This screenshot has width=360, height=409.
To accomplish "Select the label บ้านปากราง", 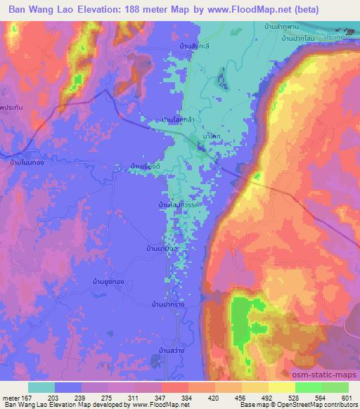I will (168, 304).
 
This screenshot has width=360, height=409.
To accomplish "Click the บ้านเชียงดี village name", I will (146, 166).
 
